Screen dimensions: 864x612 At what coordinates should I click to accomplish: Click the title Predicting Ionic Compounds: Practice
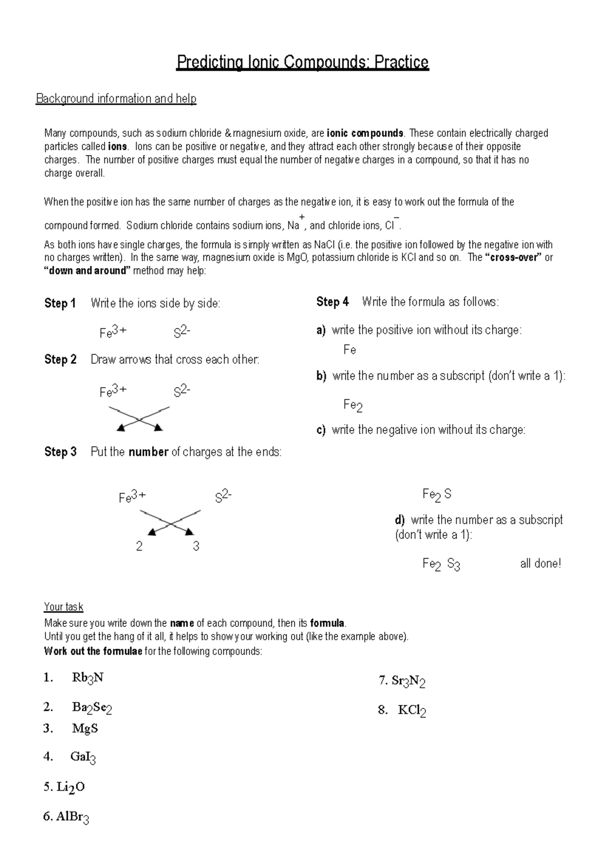[x=302, y=62]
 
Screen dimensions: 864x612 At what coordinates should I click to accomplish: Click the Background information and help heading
[x=116, y=98]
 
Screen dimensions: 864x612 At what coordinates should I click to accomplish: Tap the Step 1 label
[x=60, y=303]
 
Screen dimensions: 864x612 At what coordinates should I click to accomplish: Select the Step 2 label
[x=60, y=360]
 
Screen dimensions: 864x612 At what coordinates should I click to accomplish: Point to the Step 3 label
[x=60, y=452]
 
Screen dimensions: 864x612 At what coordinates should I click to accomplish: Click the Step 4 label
[x=333, y=302]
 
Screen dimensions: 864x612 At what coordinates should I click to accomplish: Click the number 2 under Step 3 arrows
[x=139, y=547]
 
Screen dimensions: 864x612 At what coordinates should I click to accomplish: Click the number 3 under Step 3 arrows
[x=196, y=547]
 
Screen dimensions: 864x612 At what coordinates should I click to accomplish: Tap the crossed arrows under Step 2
[x=139, y=419]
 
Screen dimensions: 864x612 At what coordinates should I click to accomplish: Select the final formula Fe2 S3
[x=441, y=564]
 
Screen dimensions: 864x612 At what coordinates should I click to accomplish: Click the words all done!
[x=540, y=564]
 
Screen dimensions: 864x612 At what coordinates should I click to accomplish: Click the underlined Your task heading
[x=63, y=607]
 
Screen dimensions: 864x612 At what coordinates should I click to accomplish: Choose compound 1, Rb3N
[x=88, y=678]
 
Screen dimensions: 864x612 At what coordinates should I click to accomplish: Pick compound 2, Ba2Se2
[x=92, y=707]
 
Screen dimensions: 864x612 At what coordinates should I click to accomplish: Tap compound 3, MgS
[x=85, y=728]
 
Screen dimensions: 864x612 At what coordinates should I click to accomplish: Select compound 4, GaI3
[x=83, y=757]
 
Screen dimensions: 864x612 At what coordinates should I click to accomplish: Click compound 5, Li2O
[x=70, y=787]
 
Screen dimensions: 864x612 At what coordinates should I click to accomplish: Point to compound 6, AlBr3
[x=72, y=817]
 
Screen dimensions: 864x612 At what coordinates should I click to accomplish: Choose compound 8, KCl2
[x=412, y=710]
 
